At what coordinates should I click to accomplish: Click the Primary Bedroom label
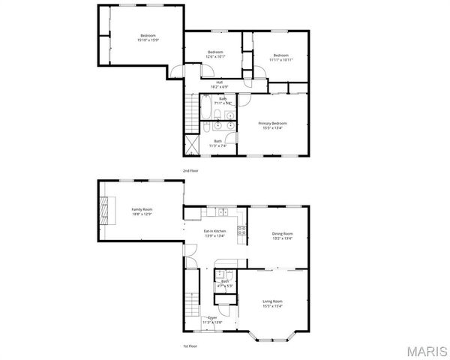click(x=273, y=123)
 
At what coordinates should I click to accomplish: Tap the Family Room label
click(x=142, y=209)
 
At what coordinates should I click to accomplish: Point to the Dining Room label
click(x=282, y=233)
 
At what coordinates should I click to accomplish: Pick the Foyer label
click(x=212, y=318)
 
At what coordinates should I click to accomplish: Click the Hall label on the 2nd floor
click(x=220, y=82)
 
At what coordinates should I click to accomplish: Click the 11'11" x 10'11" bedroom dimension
click(x=280, y=59)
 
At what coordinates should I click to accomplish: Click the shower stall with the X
click(x=190, y=145)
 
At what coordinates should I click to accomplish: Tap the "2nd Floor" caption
click(x=190, y=171)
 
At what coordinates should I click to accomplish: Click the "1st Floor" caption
click(x=190, y=346)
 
